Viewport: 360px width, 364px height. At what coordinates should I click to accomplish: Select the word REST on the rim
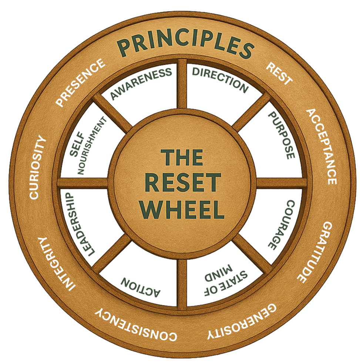coord(279,74)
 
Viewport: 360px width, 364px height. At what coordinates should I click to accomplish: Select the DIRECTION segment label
coord(221,79)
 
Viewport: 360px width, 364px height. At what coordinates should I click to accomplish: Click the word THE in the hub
coord(182,157)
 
